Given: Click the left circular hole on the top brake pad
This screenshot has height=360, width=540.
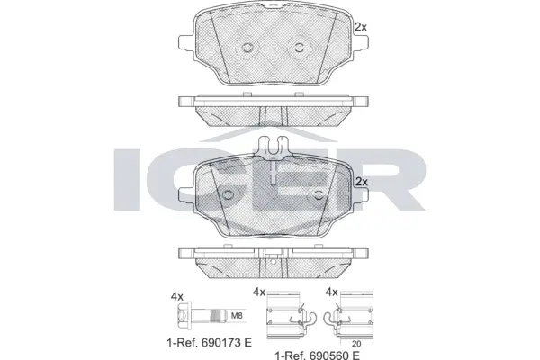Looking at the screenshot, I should coord(245,48).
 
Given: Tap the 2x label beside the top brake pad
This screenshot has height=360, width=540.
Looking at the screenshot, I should coord(361,28).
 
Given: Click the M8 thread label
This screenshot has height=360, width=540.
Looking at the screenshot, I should coord(238,316).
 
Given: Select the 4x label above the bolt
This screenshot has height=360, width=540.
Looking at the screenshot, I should coord(177,295).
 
